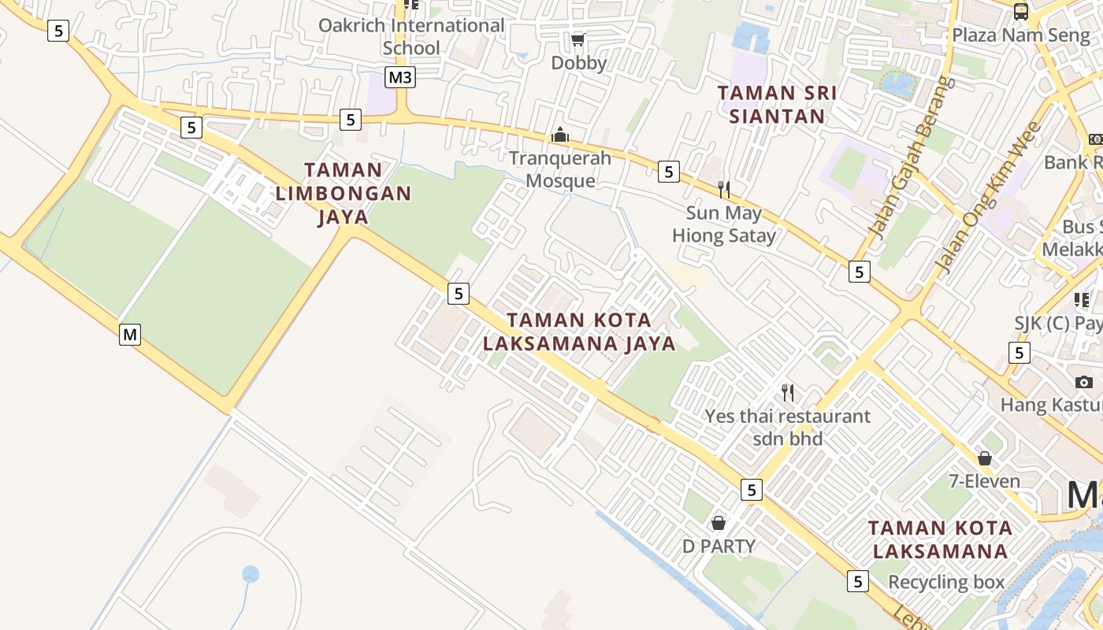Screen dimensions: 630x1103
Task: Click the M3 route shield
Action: point(400,77)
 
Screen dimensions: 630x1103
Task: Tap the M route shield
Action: point(130,335)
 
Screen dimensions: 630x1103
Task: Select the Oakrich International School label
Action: point(411,36)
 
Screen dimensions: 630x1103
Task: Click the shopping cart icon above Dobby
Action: point(578,39)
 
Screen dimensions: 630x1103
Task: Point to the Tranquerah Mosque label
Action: point(560,169)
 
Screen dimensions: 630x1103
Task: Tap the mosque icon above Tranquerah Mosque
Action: point(560,135)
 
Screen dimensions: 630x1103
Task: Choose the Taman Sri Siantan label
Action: point(777,105)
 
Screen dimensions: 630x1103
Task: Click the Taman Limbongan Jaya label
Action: point(344,193)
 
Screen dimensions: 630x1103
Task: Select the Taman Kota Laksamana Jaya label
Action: point(579,332)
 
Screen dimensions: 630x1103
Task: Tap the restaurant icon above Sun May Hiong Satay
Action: point(723,189)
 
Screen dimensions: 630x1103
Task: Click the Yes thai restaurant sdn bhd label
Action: point(787,427)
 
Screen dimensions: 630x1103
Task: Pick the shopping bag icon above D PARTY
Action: point(719,522)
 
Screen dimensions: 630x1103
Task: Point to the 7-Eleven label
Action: point(985,481)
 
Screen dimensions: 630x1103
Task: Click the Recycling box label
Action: point(946,582)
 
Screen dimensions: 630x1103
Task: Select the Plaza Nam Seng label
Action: point(1010,35)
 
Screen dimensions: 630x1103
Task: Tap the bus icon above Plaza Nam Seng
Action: point(1020,11)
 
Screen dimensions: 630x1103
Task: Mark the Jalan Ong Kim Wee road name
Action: point(990,197)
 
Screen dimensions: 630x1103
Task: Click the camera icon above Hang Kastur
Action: point(1083,382)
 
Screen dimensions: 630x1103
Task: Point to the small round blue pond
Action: point(251,574)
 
